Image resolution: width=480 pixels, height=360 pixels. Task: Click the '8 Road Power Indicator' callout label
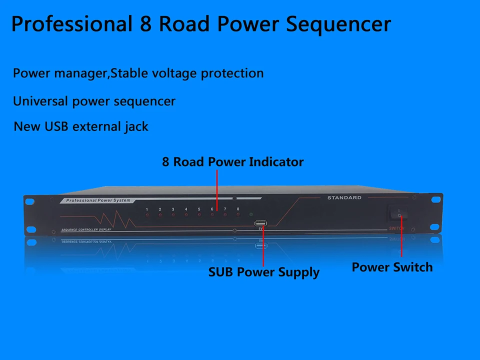point(232,162)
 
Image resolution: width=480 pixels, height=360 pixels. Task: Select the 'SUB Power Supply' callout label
point(263,272)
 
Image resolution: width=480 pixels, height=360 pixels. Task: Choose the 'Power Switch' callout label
point(392,267)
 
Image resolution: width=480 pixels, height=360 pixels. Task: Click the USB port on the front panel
point(260,223)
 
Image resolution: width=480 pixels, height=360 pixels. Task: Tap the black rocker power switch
point(399,213)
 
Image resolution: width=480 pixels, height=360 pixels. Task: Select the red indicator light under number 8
point(238,214)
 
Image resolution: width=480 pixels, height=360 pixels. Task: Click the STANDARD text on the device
point(344,198)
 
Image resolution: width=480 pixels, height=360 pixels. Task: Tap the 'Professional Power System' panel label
point(95,200)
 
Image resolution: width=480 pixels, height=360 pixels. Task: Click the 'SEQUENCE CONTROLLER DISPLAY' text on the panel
point(86,230)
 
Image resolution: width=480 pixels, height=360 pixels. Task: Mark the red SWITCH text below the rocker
point(396,228)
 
